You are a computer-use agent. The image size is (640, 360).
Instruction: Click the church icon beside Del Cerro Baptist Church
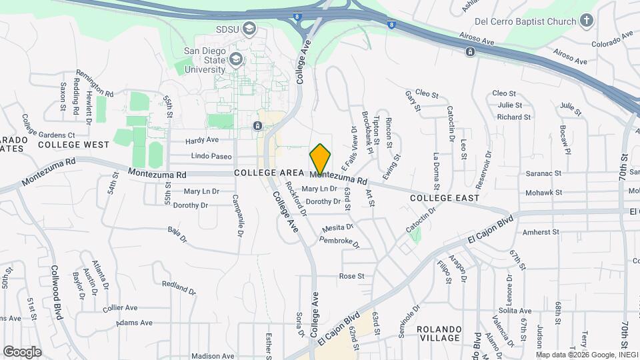point(587,21)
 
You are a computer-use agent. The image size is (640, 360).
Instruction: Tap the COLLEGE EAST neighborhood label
point(445,198)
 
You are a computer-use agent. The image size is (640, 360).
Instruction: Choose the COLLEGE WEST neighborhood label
point(73,144)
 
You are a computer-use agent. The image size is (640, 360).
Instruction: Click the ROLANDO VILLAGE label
point(439,333)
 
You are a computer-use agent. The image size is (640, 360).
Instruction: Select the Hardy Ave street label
point(202,140)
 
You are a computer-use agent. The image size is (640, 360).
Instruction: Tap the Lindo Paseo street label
point(211,157)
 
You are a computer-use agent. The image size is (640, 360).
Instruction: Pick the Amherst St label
point(541,232)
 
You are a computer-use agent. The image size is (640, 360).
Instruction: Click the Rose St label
point(352,275)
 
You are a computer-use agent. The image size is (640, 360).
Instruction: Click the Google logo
point(22,351)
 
